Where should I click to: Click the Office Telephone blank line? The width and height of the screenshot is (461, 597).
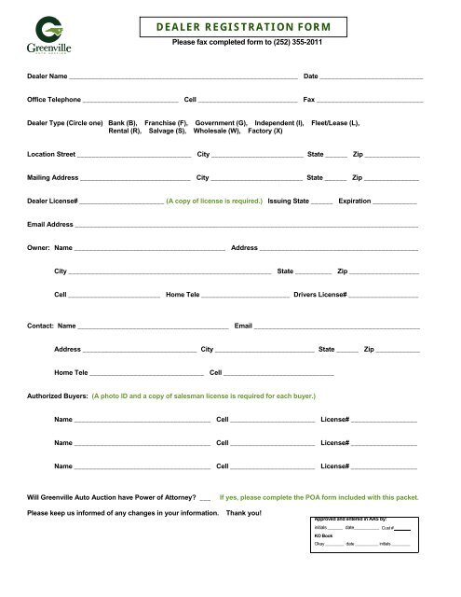click(130, 99)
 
